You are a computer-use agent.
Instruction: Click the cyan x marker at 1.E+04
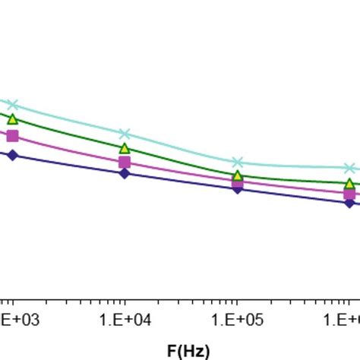pos(125,134)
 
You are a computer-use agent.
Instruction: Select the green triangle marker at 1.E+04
pos(125,148)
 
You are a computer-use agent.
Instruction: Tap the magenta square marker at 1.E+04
pos(125,162)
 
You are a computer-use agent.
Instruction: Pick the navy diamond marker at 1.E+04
pos(125,173)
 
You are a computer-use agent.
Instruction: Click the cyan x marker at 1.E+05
pos(237,162)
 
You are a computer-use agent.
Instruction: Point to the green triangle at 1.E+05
pos(237,175)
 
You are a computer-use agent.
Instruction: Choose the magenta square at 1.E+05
pos(237,182)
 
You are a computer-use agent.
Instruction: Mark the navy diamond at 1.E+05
pos(237,188)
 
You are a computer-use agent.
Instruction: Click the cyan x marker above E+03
pos(12,104)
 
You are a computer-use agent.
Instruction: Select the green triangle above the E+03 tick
pos(12,118)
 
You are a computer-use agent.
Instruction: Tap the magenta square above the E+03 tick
pos(12,136)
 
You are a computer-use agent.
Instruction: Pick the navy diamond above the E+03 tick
pos(12,155)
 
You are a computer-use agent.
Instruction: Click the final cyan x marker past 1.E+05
pos(349,168)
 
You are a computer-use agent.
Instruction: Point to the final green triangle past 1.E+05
pos(349,184)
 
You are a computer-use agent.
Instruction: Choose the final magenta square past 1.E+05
pos(349,194)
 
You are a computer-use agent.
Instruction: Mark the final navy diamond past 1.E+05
pos(349,203)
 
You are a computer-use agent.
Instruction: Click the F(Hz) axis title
pos(188,350)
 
